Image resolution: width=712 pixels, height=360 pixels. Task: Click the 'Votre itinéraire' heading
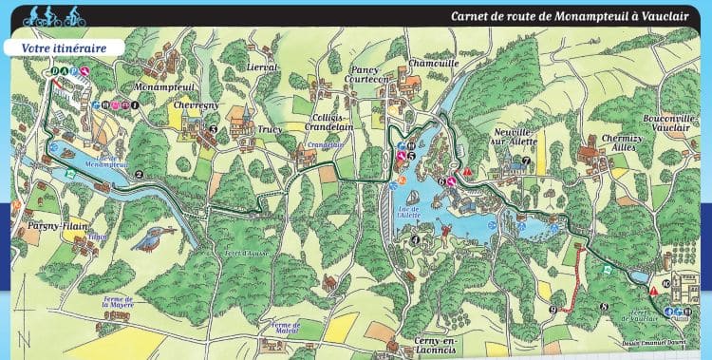pos(65,47)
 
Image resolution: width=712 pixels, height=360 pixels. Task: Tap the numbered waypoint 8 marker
pos(605,306)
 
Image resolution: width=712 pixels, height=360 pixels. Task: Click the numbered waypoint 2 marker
pos(139,174)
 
